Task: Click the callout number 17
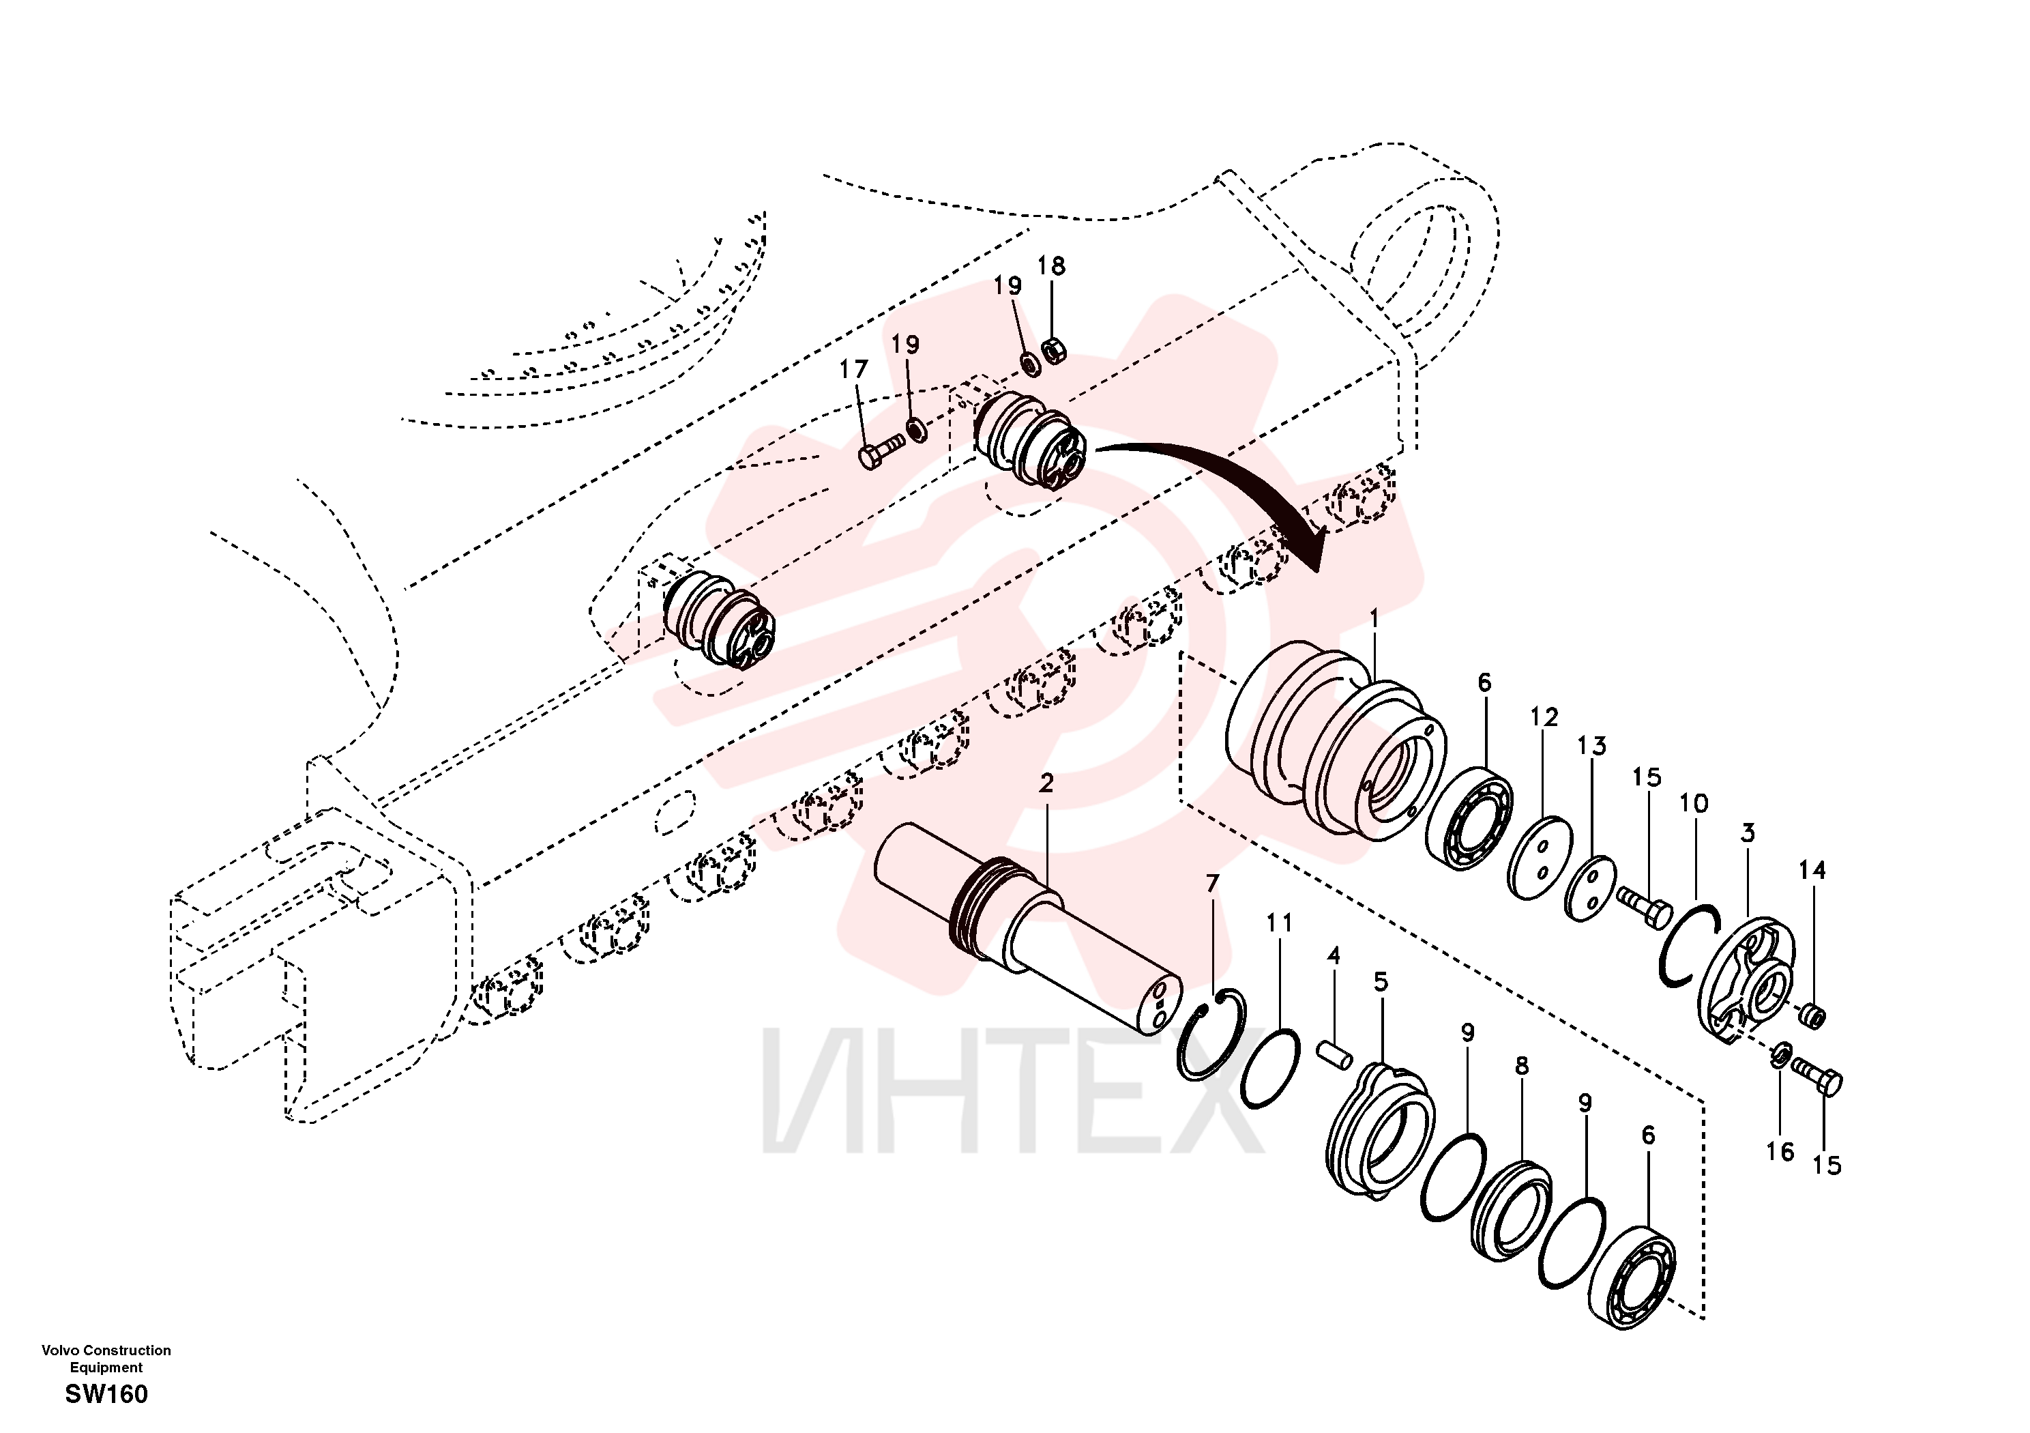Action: tap(853, 369)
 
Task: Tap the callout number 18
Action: tap(1051, 265)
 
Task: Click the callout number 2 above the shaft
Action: tap(1047, 783)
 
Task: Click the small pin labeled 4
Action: tap(1334, 1055)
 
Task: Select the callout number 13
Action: tap(1591, 746)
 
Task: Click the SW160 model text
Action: tap(107, 1394)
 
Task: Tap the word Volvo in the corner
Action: tap(59, 1350)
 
